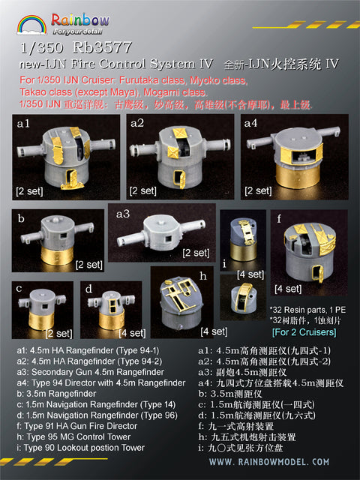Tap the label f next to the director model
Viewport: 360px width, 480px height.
point(280,219)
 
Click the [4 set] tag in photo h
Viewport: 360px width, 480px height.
point(214,331)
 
